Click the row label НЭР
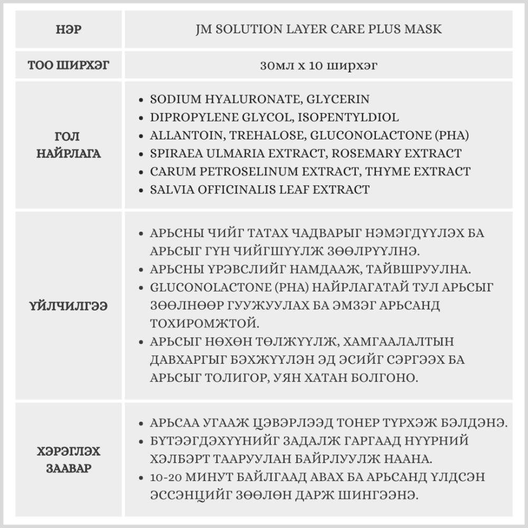[68, 29]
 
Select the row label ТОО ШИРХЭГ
[68, 65]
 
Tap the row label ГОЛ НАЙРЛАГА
[68, 145]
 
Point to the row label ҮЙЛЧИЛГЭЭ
[68, 306]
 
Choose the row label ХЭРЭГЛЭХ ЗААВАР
[68, 459]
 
